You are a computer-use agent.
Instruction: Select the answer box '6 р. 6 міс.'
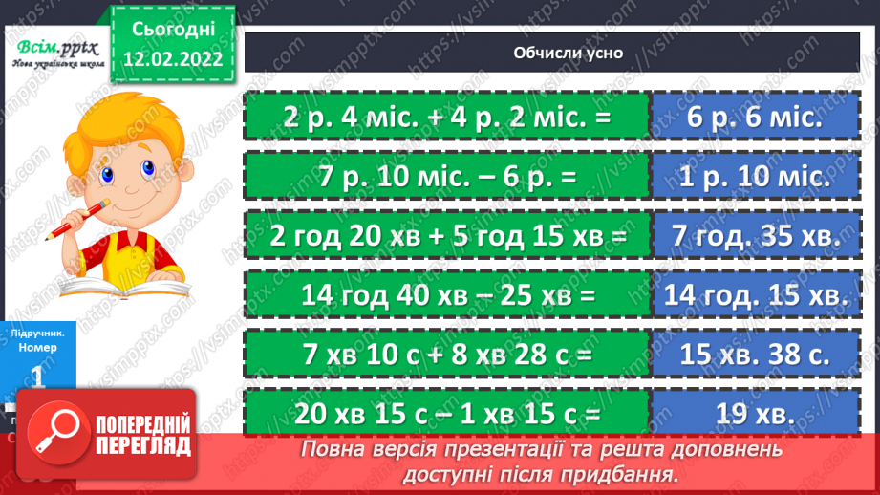[x=754, y=118]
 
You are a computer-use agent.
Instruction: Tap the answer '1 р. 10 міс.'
[x=754, y=177]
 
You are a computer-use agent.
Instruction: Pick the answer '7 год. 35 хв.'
[x=754, y=237]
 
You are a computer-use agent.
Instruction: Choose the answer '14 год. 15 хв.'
[x=754, y=297]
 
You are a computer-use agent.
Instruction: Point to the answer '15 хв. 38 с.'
[x=754, y=356]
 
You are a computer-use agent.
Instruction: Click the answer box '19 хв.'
[x=754, y=416]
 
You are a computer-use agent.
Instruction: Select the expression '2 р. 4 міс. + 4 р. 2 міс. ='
[x=446, y=118]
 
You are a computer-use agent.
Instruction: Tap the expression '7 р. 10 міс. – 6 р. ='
[x=446, y=177]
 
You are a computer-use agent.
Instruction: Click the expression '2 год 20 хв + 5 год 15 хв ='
[x=446, y=237]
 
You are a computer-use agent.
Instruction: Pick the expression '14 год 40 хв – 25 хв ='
[x=446, y=297]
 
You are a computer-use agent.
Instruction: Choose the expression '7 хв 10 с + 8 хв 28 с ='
[x=446, y=356]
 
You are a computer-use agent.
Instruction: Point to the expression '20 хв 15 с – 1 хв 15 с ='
[x=446, y=416]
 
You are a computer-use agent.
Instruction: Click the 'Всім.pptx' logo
[x=54, y=50]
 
